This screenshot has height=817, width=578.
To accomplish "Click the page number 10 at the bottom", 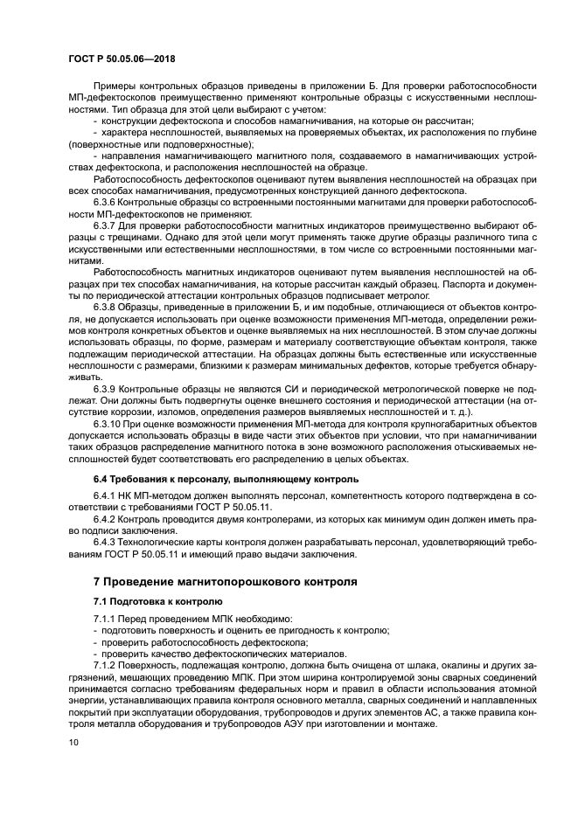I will (x=73, y=743).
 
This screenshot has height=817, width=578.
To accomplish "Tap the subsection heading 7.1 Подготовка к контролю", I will (x=158, y=602).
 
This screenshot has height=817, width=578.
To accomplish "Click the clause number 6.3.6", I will (x=107, y=203).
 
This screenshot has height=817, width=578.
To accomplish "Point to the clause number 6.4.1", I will (x=107, y=497).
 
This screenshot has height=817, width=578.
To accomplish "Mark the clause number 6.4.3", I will (x=107, y=542).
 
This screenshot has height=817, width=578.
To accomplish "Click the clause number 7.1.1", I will (x=107, y=619).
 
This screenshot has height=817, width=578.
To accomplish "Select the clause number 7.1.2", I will (x=107, y=664).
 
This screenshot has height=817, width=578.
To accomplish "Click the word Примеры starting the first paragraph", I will (x=115, y=85).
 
